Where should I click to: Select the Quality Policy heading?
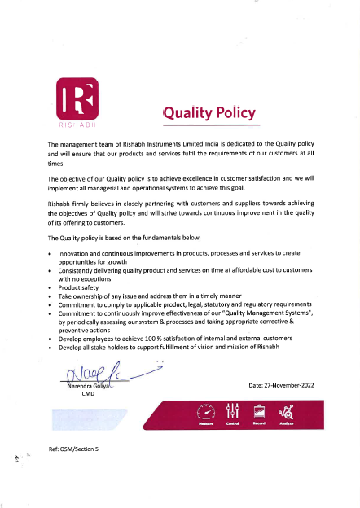pyautogui.click(x=209, y=112)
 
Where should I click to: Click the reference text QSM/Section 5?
pyautogui.click(x=74, y=449)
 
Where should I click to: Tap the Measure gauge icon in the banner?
pyautogui.click(x=205, y=412)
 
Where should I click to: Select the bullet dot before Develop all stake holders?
pyautogui.click(x=50, y=348)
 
